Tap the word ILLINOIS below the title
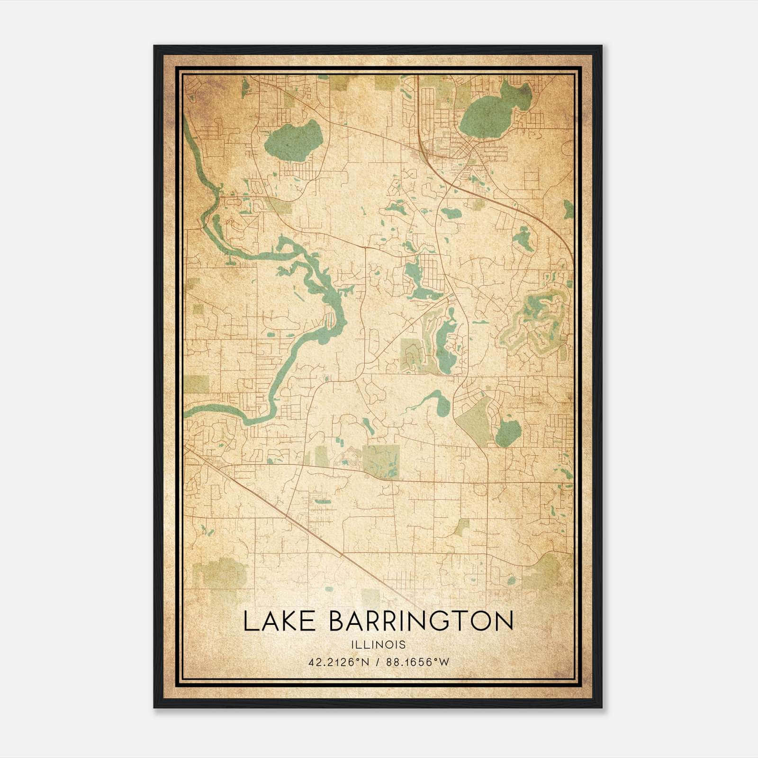378,645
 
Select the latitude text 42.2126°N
338,662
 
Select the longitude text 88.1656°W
417,662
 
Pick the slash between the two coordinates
377,662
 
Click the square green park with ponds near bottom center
381,461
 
